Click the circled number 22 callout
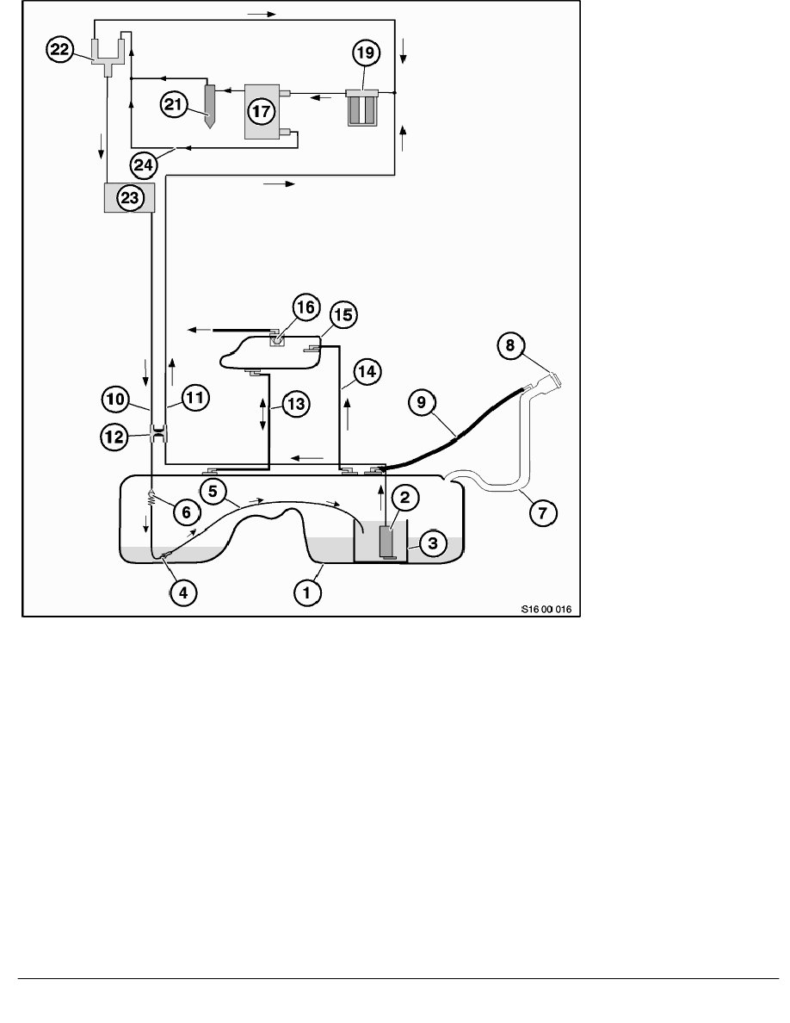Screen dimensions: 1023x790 click(x=59, y=52)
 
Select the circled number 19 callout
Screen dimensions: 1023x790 click(x=365, y=53)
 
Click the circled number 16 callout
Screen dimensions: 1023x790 click(x=306, y=308)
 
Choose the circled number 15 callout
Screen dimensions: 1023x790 click(x=343, y=316)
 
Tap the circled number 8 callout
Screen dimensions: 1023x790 click(x=510, y=347)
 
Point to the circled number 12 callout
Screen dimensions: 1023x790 click(x=114, y=437)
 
